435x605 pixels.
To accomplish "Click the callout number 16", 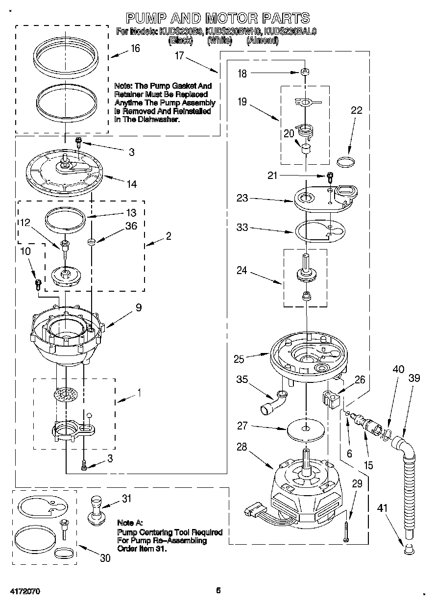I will coord(135,48).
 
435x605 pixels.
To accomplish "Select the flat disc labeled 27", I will coord(306,429).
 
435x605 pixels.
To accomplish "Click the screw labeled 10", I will coord(37,283).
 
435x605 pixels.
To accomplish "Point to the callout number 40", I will coord(398,369).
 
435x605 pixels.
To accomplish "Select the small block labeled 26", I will coord(332,397).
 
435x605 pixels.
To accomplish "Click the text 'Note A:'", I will coord(130,523).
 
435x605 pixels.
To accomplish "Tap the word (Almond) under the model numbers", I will coord(262,42).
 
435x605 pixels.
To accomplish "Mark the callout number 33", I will coord(242,227).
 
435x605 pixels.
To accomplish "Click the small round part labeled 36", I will coord(91,241).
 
